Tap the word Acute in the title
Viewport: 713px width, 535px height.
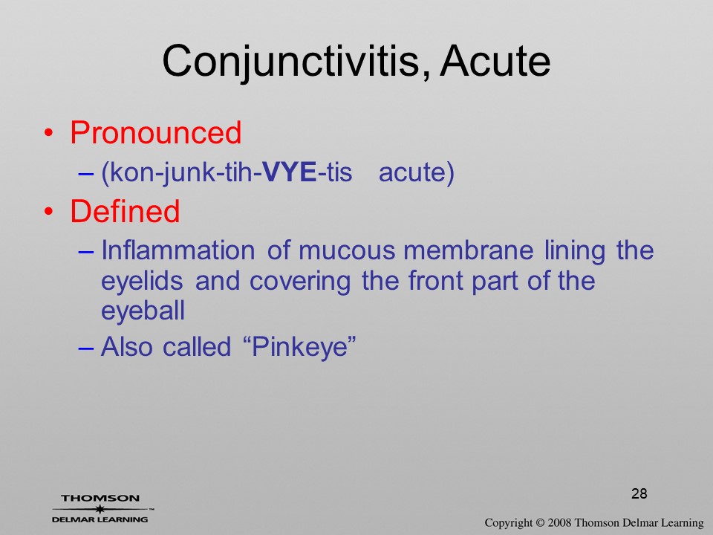(x=495, y=61)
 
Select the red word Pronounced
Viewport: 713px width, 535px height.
(x=155, y=133)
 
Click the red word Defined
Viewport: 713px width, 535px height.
(x=125, y=211)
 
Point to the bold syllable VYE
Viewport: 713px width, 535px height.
(x=290, y=172)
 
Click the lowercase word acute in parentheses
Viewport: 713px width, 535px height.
(x=416, y=173)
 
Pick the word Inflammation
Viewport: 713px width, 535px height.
(x=178, y=250)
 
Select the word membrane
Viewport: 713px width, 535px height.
(x=469, y=250)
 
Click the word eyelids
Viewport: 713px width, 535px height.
(x=142, y=282)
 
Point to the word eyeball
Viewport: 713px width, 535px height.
(x=143, y=311)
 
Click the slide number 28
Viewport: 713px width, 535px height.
(x=639, y=493)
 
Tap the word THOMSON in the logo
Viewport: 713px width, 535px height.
(x=100, y=498)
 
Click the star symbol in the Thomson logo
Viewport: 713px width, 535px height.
(x=100, y=509)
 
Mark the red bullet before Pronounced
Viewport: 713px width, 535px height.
(x=49, y=134)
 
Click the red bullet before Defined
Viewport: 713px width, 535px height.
(x=49, y=212)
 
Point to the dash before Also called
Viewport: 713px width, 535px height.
(x=86, y=348)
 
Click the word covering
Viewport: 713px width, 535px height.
(x=299, y=282)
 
